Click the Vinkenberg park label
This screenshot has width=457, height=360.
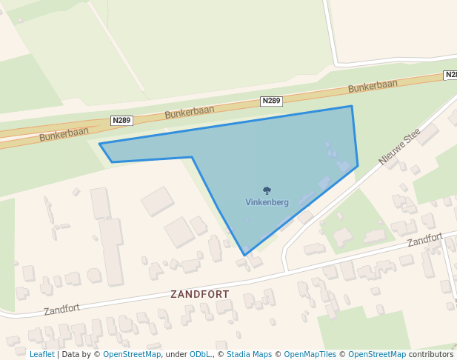[x=267, y=202]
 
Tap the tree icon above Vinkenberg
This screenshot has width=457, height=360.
[x=267, y=191]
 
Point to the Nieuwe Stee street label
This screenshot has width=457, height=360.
[x=399, y=146]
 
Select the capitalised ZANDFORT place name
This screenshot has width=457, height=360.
[x=200, y=294]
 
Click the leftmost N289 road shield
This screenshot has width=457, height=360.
[x=121, y=120]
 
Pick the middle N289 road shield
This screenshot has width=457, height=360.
[x=272, y=101]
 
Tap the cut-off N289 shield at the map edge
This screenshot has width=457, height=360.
[x=450, y=75]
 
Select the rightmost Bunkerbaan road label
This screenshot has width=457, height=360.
[x=373, y=86]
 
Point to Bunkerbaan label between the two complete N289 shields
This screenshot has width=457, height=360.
[x=190, y=112]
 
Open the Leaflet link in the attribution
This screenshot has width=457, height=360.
[x=41, y=354]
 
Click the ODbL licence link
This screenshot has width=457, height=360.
[x=200, y=354]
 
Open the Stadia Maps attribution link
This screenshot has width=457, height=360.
[x=249, y=354]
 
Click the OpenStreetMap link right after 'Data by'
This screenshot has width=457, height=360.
[x=132, y=354]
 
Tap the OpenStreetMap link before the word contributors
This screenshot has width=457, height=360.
[x=377, y=354]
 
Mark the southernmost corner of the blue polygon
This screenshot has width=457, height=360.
[x=244, y=256]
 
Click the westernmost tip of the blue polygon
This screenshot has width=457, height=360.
[x=99, y=144]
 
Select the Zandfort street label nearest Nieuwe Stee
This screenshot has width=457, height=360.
[x=424, y=239]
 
